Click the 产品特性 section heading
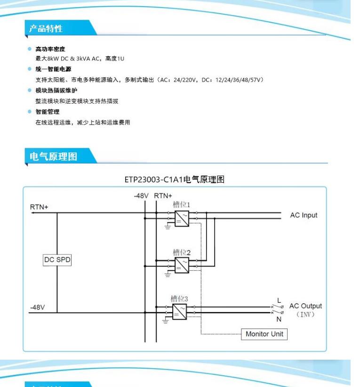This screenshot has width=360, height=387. (46, 28)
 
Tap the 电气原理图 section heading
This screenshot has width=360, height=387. (53, 156)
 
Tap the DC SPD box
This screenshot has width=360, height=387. (57, 260)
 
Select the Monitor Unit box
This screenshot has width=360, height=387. (264, 334)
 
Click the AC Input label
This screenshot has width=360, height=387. (304, 215)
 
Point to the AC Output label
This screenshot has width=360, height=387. (306, 306)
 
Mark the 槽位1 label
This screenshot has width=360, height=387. (181, 205)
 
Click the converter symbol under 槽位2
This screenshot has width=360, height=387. (181, 266)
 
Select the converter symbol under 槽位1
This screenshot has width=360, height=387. (181, 219)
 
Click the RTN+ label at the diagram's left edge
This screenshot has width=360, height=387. (39, 207)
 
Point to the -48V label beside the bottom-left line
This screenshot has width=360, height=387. (37, 307)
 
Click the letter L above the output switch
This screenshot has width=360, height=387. (279, 300)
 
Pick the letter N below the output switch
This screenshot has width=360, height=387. (279, 319)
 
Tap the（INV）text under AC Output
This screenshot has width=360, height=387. (306, 314)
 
